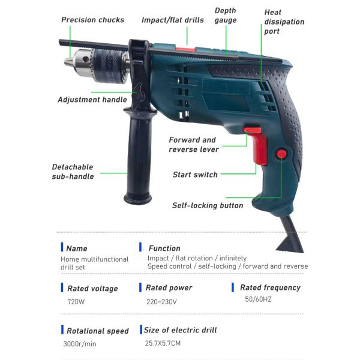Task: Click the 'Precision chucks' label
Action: point(92,20)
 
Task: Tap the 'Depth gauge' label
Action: point(226,16)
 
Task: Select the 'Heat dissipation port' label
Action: point(284,22)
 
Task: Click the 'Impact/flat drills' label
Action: point(172,20)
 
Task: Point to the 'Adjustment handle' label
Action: point(92,100)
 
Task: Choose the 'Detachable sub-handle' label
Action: point(73,172)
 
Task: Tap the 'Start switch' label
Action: point(195,175)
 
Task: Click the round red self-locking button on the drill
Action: point(281,154)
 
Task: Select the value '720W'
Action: point(76,302)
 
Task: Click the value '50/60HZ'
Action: point(258,299)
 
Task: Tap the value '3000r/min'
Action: point(79,344)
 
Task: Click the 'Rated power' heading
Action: point(169,288)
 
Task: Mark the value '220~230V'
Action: point(161,302)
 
